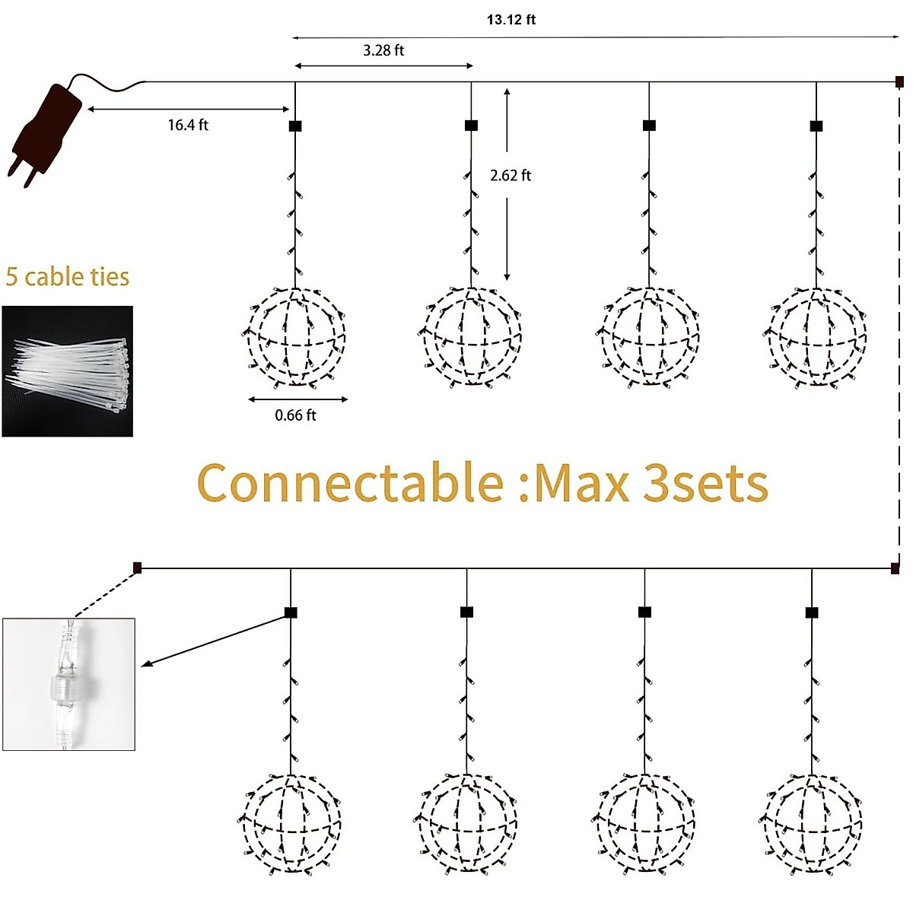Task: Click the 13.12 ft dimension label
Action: point(511,20)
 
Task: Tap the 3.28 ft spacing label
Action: point(383,51)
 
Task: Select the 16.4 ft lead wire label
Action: point(188,125)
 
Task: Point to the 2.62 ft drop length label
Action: point(511,176)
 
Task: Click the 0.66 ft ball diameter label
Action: point(295,415)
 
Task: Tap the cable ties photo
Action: point(68,371)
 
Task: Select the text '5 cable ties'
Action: point(68,277)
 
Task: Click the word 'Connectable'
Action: point(350,483)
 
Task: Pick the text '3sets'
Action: point(705,483)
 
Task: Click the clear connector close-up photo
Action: point(69,684)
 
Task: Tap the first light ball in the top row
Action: point(296,336)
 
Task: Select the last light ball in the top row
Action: point(816,336)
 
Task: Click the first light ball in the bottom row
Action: point(291,823)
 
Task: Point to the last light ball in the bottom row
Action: point(812,823)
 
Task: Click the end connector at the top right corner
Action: point(899,81)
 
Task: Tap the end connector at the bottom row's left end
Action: point(137,568)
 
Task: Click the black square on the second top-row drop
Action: point(471,126)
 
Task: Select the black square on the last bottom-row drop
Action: point(812,612)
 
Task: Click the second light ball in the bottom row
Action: point(467,823)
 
